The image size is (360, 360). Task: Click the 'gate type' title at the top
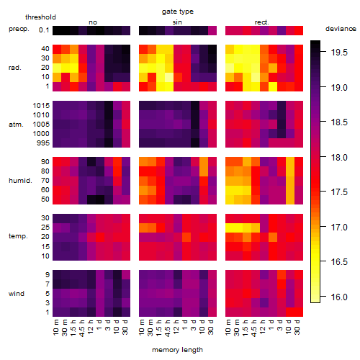pyautogui.click(x=178, y=12)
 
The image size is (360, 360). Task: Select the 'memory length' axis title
pyautogui.click(x=177, y=350)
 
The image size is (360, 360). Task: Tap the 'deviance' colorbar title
pyautogui.click(x=341, y=29)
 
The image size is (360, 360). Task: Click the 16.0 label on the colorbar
pyautogui.click(x=339, y=297)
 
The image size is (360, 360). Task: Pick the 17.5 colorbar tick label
pyautogui.click(x=339, y=192)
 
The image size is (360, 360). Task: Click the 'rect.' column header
pyautogui.click(x=262, y=22)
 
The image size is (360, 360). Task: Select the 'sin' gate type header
pyautogui.click(x=177, y=22)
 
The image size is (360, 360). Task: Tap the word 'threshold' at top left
pyautogui.click(x=40, y=17)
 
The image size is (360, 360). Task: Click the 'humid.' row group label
pyautogui.click(x=20, y=180)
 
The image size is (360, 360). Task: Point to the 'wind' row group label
pyautogui.click(x=17, y=294)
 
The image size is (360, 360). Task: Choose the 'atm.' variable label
pyautogui.click(x=16, y=125)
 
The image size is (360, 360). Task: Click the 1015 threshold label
pyautogui.click(x=41, y=106)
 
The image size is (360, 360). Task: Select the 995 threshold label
pyautogui.click(x=43, y=143)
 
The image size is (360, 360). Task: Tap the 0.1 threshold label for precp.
pyautogui.click(x=44, y=30)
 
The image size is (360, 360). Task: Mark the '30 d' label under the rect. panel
pyautogui.click(x=297, y=328)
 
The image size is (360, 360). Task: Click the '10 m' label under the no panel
pyautogui.click(x=55, y=328)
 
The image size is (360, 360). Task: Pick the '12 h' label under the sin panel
pyautogui.click(x=176, y=327)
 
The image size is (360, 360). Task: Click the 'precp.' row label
pyautogui.click(x=19, y=29)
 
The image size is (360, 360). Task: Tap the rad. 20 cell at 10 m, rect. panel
pyautogui.click(x=230, y=68)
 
